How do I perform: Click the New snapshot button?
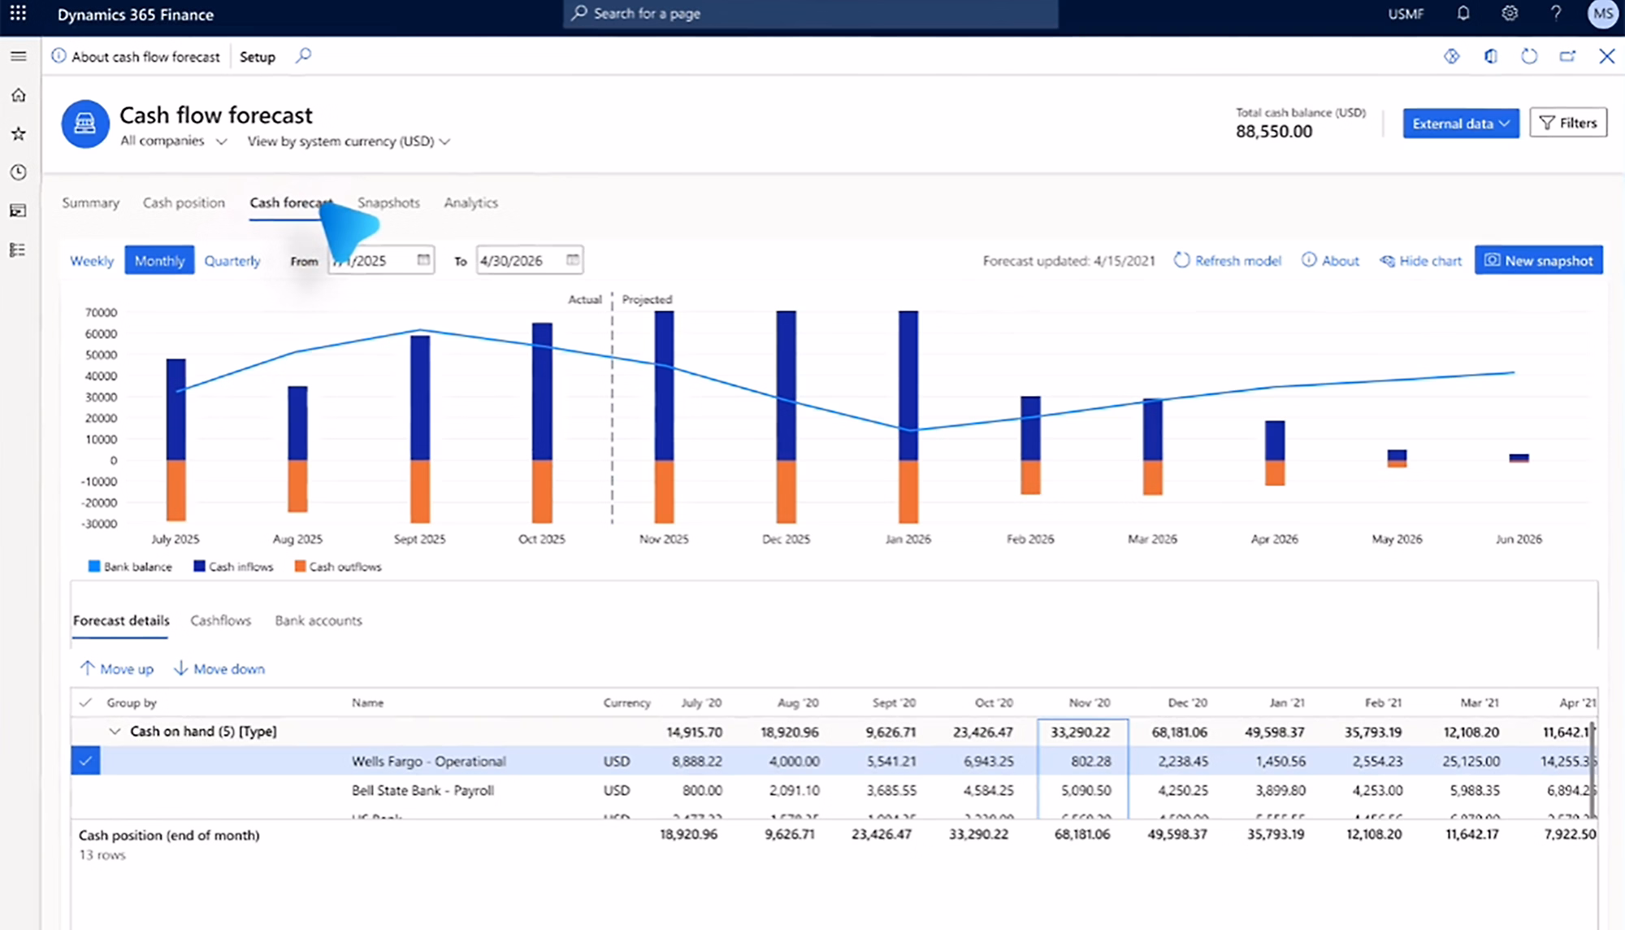click(1538, 260)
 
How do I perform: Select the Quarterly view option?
click(232, 260)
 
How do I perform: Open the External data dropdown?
click(1460, 123)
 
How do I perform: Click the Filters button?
click(1567, 123)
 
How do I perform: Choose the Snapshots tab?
click(388, 202)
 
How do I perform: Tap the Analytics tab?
click(470, 202)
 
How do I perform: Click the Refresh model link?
click(1228, 260)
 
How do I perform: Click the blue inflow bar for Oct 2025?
click(542, 390)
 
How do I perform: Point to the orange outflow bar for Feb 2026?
click(1030, 477)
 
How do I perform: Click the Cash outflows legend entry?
click(338, 567)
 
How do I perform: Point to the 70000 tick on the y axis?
click(101, 312)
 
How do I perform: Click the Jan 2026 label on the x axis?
click(908, 539)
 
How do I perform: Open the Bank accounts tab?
click(318, 620)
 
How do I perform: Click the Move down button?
click(219, 668)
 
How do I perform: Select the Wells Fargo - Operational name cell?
click(428, 761)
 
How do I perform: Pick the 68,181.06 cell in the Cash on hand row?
click(1179, 732)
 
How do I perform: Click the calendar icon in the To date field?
click(572, 260)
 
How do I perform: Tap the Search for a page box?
click(810, 14)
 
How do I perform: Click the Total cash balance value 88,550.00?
click(1273, 132)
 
